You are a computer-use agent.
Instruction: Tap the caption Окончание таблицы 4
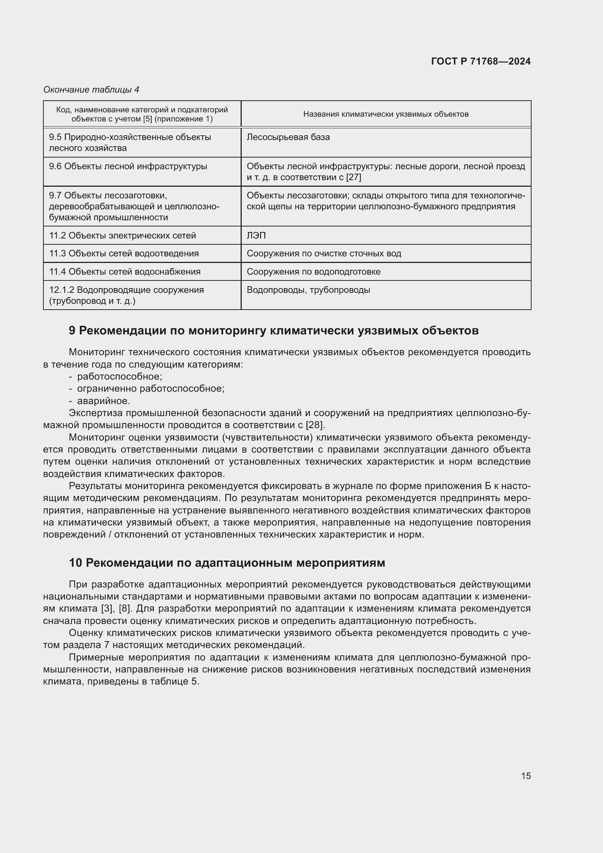click(91, 90)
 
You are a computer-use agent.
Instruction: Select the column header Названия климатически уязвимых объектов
click(385, 114)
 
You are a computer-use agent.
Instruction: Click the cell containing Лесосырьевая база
click(288, 137)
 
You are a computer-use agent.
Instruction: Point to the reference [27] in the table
click(354, 177)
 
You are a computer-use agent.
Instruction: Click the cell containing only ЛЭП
click(256, 236)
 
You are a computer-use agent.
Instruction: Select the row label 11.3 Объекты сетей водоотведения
click(124, 253)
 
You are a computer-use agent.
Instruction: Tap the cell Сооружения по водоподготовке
click(314, 272)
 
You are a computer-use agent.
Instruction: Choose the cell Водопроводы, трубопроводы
click(308, 290)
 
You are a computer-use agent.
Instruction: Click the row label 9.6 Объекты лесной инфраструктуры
click(128, 166)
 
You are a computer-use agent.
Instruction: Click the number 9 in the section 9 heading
click(72, 330)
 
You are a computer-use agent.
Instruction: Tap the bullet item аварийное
click(104, 401)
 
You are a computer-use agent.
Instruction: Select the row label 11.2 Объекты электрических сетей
click(122, 236)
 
